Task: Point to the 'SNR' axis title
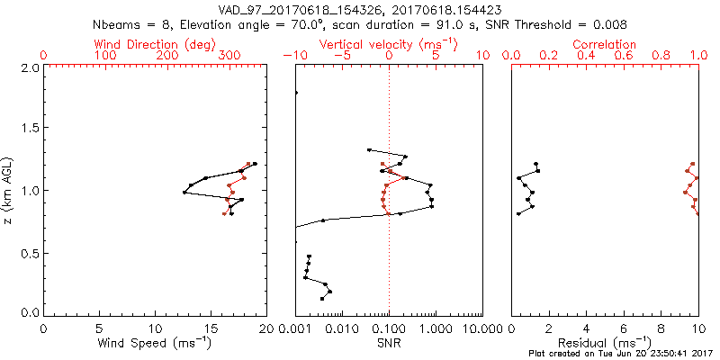coord(389,343)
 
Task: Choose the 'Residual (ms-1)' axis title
coord(605,343)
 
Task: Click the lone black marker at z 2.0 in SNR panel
coord(295,93)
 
